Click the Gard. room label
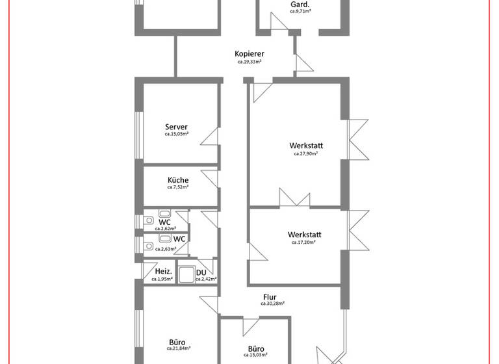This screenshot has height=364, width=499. (x=300, y=4)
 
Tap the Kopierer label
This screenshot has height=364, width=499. (x=249, y=54)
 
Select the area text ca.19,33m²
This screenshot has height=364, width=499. (x=249, y=62)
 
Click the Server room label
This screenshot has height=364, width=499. (x=176, y=127)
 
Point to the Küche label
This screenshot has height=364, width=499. (x=178, y=180)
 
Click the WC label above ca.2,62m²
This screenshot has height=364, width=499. (x=165, y=222)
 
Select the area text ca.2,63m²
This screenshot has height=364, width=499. (x=165, y=248)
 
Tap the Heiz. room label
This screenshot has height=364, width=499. (x=162, y=272)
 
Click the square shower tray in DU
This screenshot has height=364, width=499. (x=186, y=276)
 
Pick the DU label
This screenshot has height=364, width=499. (x=201, y=272)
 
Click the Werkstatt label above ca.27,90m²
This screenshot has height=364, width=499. (x=307, y=146)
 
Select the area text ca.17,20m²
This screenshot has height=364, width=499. (x=303, y=242)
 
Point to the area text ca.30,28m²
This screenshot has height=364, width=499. (x=272, y=304)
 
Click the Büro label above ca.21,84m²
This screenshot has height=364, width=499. (x=177, y=342)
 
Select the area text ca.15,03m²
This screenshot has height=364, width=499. (x=255, y=355)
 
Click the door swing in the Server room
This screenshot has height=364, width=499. (x=210, y=137)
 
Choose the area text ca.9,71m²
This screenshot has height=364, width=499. (x=300, y=12)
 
